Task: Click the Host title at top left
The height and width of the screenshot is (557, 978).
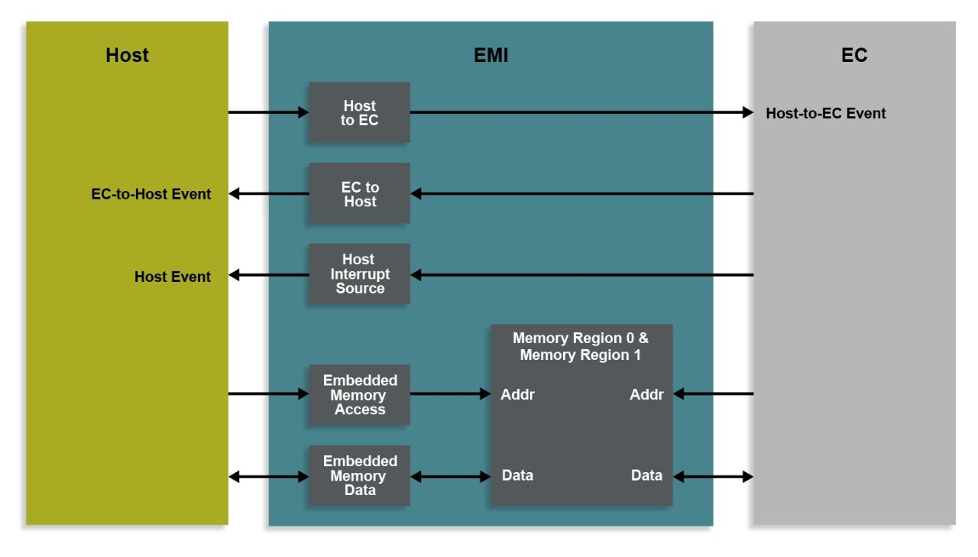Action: (127, 55)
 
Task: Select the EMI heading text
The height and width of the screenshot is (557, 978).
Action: (491, 55)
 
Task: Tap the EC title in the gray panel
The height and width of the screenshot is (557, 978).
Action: (853, 55)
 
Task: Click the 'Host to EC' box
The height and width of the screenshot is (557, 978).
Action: (359, 112)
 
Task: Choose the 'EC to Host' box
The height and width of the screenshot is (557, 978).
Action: (359, 193)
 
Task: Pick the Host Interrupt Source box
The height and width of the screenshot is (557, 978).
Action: (359, 274)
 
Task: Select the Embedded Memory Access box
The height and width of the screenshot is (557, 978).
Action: (359, 394)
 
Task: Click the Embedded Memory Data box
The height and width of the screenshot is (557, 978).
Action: (359, 475)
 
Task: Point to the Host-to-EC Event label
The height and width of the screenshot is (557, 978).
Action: (825, 113)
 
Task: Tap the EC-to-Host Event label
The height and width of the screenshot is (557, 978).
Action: (151, 194)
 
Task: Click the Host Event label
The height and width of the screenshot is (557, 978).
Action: (172, 277)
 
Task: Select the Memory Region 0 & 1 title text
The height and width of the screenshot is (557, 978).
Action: (580, 346)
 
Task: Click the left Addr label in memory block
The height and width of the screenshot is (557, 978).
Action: (517, 394)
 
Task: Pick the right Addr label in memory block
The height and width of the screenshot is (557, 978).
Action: (646, 394)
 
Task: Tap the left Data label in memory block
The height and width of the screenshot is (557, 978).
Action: (517, 475)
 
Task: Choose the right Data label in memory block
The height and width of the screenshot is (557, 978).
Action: (646, 475)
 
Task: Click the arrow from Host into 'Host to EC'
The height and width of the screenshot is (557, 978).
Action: (268, 112)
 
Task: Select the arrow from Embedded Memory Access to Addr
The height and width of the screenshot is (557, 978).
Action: (450, 394)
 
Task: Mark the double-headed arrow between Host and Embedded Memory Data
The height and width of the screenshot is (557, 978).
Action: (268, 476)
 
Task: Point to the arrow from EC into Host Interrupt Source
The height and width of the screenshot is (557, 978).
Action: (581, 274)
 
